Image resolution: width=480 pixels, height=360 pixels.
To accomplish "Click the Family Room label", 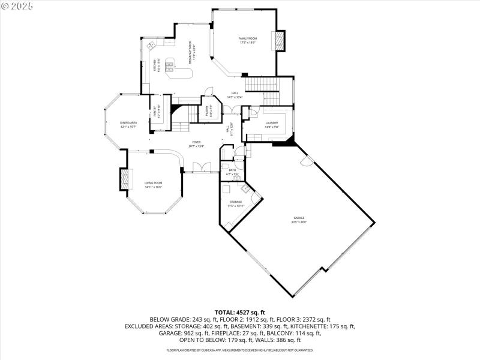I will (x=248, y=40).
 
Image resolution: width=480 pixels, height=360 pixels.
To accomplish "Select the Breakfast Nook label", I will (x=190, y=53).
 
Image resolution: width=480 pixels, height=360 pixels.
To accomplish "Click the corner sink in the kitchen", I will (x=151, y=45).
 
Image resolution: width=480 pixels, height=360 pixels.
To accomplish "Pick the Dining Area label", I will (x=129, y=124).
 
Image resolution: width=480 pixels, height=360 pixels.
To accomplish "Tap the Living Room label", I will (x=153, y=184).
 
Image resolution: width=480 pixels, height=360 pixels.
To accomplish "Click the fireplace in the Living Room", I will (x=125, y=179).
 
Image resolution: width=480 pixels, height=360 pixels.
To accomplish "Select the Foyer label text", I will (x=196, y=143).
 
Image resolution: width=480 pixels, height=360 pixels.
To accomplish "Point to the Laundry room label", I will (x=272, y=124).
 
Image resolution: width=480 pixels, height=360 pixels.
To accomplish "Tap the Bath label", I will (x=232, y=172).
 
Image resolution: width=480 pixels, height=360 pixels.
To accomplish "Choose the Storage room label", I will (x=235, y=203).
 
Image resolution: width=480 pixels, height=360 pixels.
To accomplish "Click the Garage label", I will (x=299, y=219).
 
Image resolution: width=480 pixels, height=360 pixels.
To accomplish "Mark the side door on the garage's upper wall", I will (x=307, y=160).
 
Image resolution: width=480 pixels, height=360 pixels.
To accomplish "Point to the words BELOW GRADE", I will (x=169, y=320).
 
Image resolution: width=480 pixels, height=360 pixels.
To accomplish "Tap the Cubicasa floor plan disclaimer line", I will (x=239, y=350).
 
